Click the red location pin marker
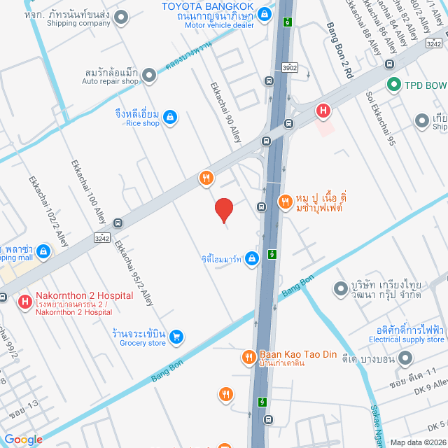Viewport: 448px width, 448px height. pos(223,210)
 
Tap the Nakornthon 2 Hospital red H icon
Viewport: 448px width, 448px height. pos(25,302)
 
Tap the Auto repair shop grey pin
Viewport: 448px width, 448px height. pos(149,75)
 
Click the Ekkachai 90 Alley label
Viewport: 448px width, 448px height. pos(226,113)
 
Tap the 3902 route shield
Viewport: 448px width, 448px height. pos(290,68)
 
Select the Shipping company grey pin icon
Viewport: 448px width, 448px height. pos(122,17)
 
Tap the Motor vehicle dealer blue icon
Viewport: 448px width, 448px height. pos(265,13)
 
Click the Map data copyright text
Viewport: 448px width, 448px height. pos(417,442)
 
